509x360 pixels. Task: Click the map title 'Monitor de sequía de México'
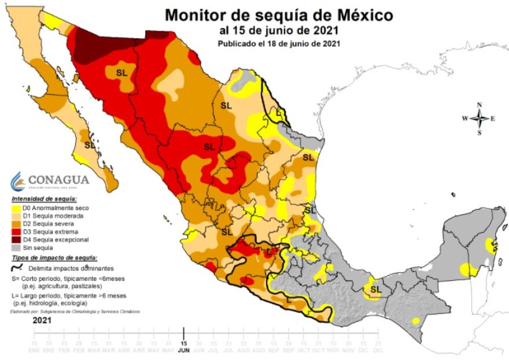point(279,14)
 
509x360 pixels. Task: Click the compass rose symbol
point(479,118)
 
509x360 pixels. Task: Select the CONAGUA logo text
point(58,180)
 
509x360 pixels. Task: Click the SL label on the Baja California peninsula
point(90,145)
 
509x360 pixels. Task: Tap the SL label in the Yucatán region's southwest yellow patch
point(376,289)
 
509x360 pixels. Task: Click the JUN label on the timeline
point(183,350)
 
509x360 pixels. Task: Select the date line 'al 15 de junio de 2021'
point(279,30)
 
